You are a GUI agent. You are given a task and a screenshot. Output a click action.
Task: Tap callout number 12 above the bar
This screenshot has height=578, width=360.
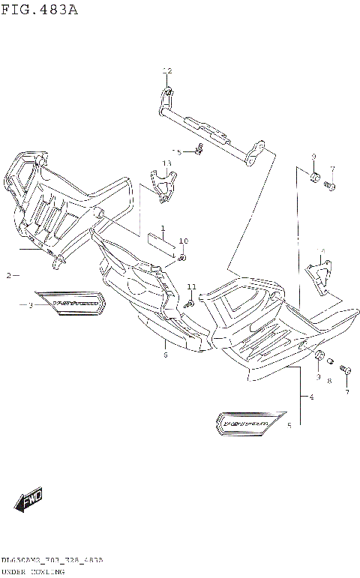[x=167, y=70]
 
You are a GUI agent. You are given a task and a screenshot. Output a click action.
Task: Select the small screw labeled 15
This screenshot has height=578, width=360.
[x=199, y=149]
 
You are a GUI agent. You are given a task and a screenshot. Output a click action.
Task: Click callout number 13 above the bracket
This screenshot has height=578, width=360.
[x=166, y=163]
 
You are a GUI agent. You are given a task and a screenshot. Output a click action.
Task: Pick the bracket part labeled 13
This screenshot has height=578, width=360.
[x=164, y=184]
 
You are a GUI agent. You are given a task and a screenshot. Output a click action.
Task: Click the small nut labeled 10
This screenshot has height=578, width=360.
[x=182, y=258]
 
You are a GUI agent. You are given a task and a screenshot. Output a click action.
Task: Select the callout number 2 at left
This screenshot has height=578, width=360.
[x=9, y=276]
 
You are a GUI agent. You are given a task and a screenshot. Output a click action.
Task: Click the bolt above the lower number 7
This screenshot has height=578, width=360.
[x=346, y=370]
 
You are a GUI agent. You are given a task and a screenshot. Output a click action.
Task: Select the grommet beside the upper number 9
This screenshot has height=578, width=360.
[x=314, y=178]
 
